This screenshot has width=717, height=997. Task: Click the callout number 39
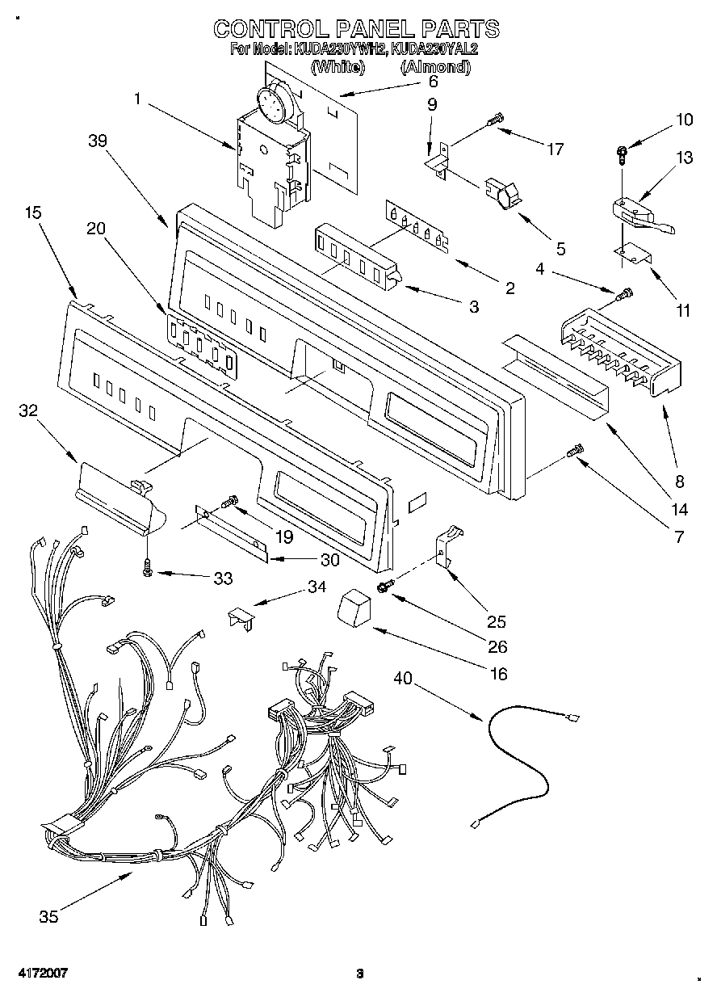[x=99, y=141]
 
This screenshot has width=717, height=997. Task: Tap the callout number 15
[x=33, y=212]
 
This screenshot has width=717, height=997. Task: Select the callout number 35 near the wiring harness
[x=48, y=916]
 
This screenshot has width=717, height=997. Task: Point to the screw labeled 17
[x=493, y=121]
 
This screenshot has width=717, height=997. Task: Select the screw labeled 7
[x=577, y=453]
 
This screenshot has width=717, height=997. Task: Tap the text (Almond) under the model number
[x=435, y=68]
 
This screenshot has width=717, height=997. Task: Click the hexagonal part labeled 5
[x=501, y=194]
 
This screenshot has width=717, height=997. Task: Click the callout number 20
[x=96, y=229]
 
